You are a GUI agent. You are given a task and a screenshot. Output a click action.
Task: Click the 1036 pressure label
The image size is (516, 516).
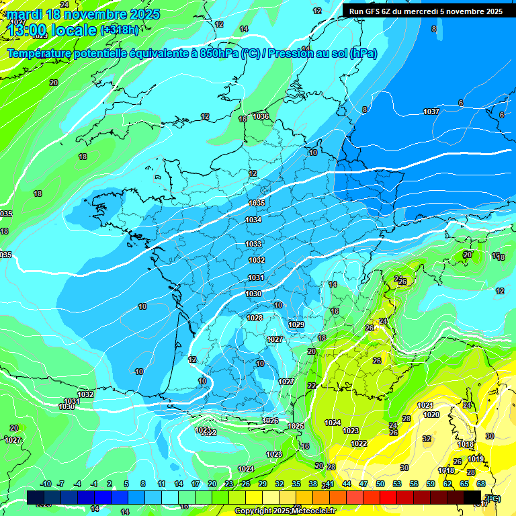(x=261, y=116)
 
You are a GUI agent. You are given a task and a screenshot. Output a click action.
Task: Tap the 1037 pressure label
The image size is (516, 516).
(x=431, y=112)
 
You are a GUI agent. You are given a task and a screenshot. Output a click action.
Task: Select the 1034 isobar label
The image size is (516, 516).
(x=253, y=220)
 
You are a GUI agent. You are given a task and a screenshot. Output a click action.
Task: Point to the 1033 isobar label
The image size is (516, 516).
(x=253, y=244)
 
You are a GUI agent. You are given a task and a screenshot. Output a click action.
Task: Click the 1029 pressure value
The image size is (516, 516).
(x=296, y=325)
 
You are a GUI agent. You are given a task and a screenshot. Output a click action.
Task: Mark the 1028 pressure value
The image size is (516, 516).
(x=255, y=318)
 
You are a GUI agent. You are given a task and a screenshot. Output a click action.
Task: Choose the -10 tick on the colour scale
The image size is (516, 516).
(x=46, y=484)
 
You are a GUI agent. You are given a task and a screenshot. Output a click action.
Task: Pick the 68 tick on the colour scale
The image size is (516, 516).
(x=481, y=484)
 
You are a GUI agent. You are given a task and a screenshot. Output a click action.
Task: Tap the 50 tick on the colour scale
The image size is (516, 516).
(x=380, y=484)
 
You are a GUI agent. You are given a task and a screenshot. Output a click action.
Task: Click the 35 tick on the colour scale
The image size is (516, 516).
(x=296, y=484)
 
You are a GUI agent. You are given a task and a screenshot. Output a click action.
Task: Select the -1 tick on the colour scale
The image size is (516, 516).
(x=94, y=484)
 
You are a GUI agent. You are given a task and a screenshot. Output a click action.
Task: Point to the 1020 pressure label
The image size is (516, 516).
(x=431, y=415)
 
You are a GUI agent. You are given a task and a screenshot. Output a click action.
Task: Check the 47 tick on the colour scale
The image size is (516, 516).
(x=363, y=484)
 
